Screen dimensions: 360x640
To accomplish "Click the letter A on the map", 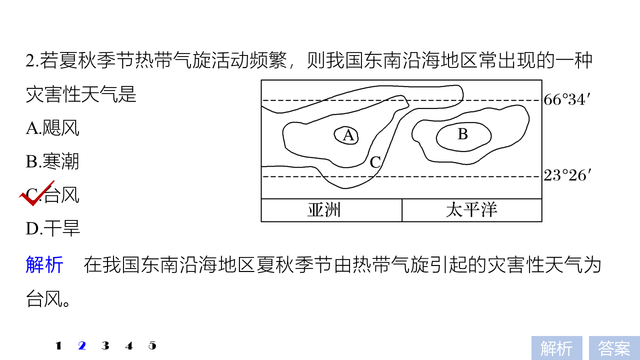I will click(x=348, y=135).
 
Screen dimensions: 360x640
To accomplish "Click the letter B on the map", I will click(x=463, y=134).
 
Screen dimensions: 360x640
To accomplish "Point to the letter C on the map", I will click(x=375, y=162).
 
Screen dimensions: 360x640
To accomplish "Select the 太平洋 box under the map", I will click(x=471, y=210).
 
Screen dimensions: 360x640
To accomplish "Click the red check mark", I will click(x=35, y=193).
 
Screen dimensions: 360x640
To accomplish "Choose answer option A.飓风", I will click(x=52, y=128).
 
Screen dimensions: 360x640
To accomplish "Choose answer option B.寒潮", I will click(x=52, y=161).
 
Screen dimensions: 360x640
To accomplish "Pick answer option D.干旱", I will click(x=53, y=228).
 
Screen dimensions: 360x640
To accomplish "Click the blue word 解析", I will click(x=44, y=265).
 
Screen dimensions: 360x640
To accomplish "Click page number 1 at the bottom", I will click(x=58, y=345).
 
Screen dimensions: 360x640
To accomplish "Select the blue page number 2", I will click(x=82, y=345).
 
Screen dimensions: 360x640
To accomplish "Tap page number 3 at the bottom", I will click(x=105, y=345).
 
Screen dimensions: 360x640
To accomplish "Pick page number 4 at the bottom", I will click(x=129, y=345).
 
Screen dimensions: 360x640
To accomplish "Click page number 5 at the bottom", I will click(x=152, y=345).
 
